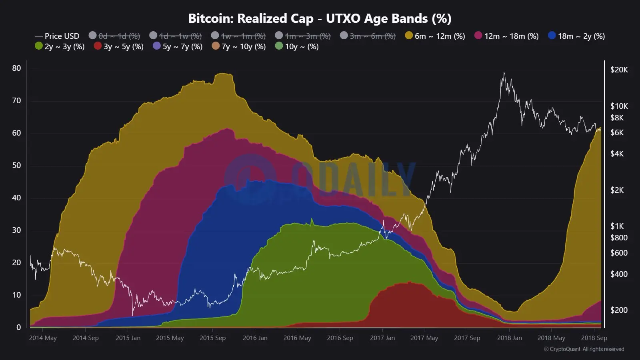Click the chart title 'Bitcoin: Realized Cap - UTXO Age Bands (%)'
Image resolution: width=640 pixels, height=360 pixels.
coord(320,18)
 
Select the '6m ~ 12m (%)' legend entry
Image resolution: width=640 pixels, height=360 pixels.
coord(435,36)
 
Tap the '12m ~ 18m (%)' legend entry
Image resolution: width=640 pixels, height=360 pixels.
coord(506,36)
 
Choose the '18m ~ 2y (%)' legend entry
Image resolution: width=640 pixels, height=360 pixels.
coord(576,36)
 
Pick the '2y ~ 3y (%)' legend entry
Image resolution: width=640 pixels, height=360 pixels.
coord(60,46)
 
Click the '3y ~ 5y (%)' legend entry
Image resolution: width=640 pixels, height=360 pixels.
coord(119,46)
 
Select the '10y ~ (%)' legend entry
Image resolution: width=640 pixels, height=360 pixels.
coord(297,46)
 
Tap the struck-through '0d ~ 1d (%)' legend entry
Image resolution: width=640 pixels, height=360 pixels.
coord(114,36)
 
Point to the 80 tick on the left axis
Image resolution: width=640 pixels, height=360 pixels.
coord(16,68)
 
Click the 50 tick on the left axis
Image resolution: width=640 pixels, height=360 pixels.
coord(16,165)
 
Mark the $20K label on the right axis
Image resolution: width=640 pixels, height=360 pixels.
coord(619,70)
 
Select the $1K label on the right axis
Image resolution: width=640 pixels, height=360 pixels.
coord(617,226)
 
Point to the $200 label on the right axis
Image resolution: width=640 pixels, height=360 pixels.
coord(619,310)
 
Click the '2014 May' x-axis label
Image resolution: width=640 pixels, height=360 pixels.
coord(43,338)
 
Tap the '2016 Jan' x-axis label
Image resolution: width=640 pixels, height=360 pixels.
coord(255,338)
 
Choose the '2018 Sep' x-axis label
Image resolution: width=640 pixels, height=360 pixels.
coord(594,338)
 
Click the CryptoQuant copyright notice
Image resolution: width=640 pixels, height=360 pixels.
coord(584,349)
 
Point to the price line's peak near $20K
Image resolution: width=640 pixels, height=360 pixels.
coord(504,73)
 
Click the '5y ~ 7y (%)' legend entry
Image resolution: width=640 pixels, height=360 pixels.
coord(178,46)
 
